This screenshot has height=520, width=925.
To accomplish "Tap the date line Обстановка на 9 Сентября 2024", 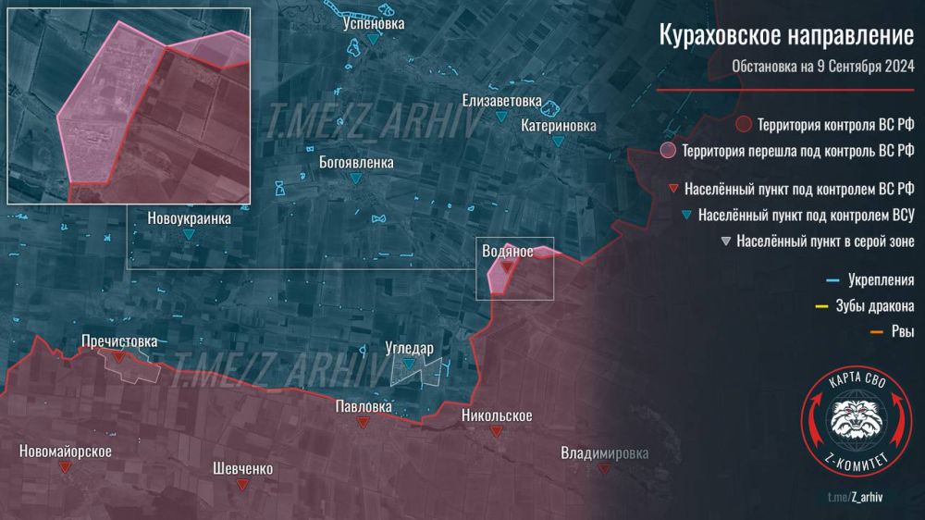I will tap(822, 67).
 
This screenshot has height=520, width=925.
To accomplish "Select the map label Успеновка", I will tap(372, 24).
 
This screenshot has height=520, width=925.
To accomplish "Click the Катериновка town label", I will tap(558, 124).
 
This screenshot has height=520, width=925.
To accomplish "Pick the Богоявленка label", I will tap(356, 162).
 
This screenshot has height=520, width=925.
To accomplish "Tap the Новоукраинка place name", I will tap(189, 219).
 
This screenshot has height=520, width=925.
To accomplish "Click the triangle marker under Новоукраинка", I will tap(189, 236).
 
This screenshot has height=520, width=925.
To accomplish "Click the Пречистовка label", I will tap(119, 340).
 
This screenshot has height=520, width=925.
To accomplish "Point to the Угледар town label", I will tap(409, 349).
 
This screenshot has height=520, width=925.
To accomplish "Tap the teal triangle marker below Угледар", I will tap(408, 365).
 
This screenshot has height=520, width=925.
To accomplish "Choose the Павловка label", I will tap(364, 406).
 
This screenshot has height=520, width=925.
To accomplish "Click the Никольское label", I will tap(497, 415).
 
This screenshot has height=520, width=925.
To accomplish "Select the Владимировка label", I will tap(604, 452).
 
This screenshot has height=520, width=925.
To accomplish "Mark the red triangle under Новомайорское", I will tap(65, 468).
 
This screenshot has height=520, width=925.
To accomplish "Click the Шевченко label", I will tap(242, 468).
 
